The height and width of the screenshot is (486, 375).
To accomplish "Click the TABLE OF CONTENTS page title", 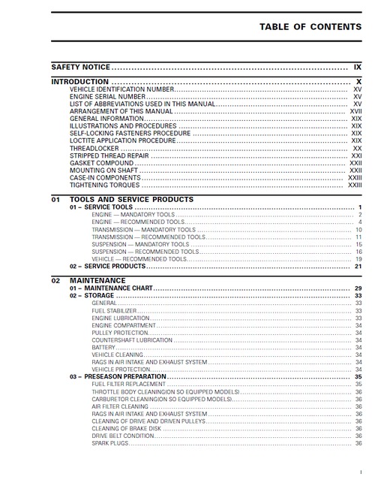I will (x=310, y=26).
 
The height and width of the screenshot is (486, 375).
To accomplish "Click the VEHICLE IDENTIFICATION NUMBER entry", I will (x=121, y=89).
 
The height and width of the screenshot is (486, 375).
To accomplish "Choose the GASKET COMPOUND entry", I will (x=102, y=162).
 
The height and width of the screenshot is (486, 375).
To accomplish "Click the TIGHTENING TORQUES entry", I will (x=104, y=184).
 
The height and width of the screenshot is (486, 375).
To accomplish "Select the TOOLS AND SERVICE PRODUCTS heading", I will (x=131, y=200).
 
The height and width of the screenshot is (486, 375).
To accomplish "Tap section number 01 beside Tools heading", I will (x=55, y=200).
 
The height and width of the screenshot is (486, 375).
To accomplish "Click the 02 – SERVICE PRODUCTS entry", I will (x=107, y=266).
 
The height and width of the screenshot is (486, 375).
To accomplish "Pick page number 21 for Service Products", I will (x=358, y=266).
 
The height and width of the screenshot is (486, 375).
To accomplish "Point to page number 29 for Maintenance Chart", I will (x=358, y=288).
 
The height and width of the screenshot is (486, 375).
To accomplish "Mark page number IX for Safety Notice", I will (x=358, y=67).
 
